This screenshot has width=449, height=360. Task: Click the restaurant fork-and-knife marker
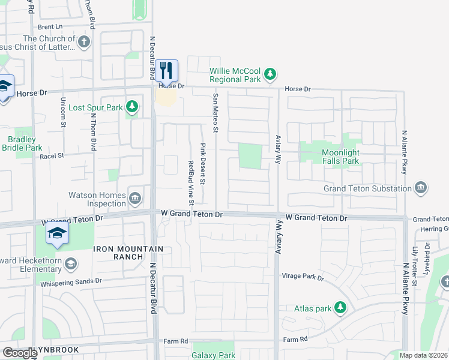point(166,70)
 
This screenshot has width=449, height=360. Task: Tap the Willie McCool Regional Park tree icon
point(271,74)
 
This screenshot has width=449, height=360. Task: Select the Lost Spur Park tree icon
point(132,108)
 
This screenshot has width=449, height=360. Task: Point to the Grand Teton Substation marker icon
point(421,188)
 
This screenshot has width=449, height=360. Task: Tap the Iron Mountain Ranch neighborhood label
point(119,253)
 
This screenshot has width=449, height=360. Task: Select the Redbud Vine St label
point(191,175)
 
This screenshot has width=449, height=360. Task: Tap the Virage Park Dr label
point(303,278)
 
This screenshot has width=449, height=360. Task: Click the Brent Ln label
point(50,27)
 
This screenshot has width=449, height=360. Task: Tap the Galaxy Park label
point(213,355)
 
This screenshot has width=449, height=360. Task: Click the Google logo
point(19,353)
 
